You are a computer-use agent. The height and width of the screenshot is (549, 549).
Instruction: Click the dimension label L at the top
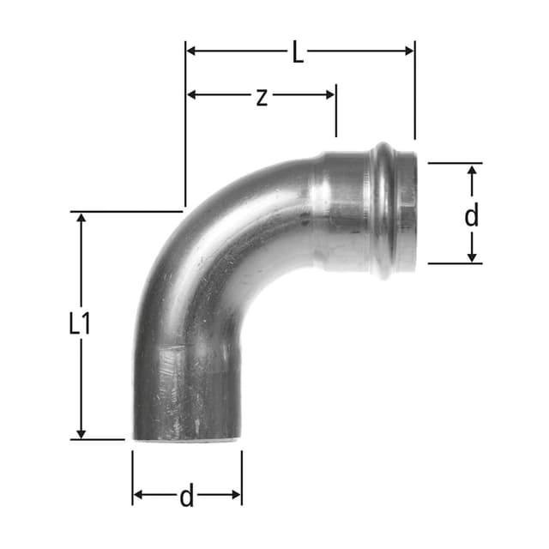click(297, 52)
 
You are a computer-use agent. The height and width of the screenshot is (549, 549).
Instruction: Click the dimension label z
click(262, 96)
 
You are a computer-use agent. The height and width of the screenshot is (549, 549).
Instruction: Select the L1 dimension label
click(80, 323)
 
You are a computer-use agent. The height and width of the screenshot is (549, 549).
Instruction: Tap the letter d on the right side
click(471, 215)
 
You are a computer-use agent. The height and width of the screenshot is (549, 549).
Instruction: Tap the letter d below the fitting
click(186, 495)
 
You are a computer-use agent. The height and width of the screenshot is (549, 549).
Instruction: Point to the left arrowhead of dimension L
click(191, 51)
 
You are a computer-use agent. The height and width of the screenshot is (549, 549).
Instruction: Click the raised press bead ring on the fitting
click(381, 211)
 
